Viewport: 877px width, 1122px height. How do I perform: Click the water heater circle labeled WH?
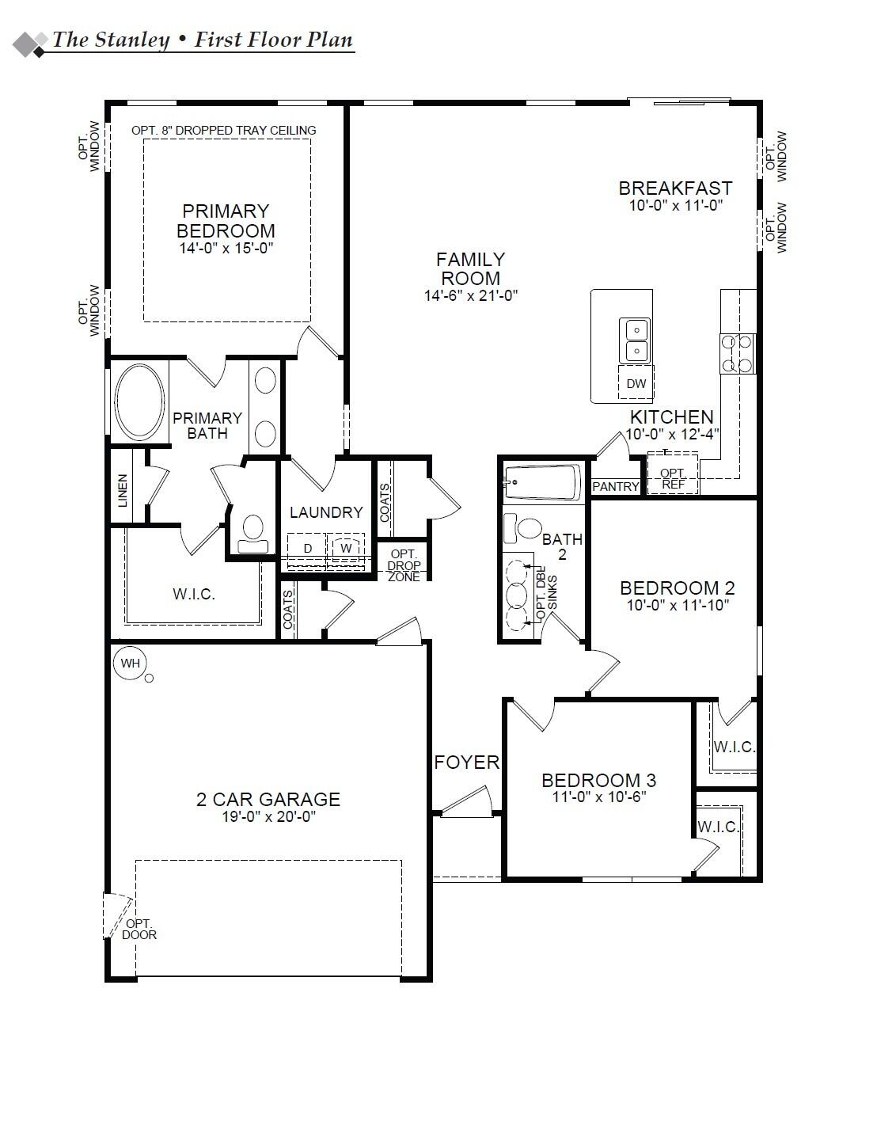tap(130, 663)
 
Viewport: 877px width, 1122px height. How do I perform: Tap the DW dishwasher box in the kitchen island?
tap(636, 384)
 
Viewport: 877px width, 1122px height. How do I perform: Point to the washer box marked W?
tap(346, 548)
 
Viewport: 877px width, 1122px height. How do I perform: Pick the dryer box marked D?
tap(308, 548)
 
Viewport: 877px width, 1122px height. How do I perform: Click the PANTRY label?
tap(615, 486)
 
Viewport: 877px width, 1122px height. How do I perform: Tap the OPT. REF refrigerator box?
tap(673, 478)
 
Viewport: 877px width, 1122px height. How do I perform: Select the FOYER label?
tap(467, 762)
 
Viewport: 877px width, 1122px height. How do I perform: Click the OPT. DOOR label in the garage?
tap(139, 929)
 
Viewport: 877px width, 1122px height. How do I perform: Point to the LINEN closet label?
tap(122, 491)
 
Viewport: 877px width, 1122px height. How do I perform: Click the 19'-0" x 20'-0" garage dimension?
tap(268, 817)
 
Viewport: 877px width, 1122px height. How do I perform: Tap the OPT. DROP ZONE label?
tap(404, 565)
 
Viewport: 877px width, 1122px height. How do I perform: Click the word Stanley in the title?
tap(131, 40)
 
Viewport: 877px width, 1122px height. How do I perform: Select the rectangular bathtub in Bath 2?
tap(542, 482)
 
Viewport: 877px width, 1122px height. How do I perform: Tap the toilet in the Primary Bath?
tap(253, 533)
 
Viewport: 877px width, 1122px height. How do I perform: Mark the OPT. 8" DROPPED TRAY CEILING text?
tap(224, 130)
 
